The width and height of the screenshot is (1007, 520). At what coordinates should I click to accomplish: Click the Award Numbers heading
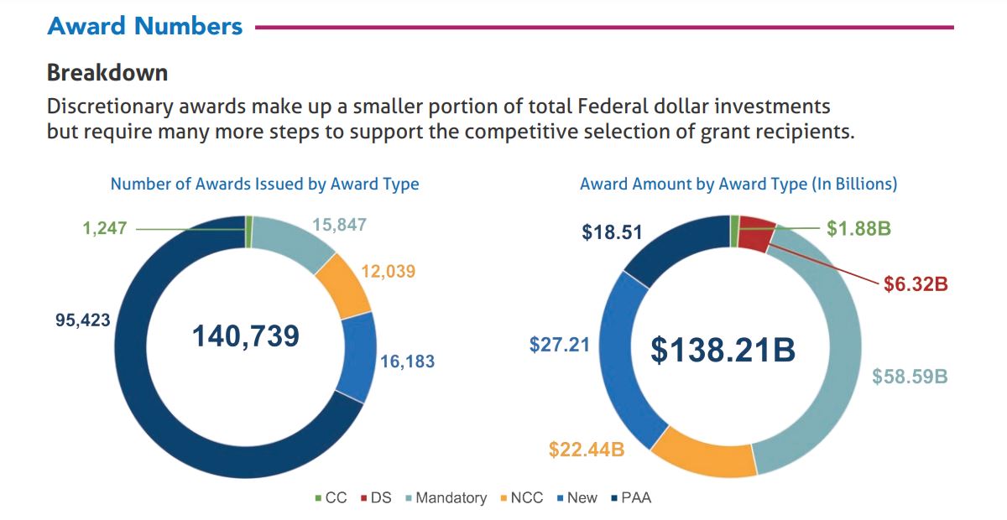[x=145, y=26]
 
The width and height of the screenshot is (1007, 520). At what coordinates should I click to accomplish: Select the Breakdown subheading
[x=107, y=73]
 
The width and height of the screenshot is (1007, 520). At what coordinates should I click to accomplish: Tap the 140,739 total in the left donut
[x=245, y=336]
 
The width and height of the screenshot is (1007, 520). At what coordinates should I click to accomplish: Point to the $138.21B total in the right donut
[x=723, y=351]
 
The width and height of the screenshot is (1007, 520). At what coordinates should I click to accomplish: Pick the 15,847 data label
[x=339, y=225]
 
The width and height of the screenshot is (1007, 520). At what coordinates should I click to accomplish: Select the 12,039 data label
[x=388, y=271]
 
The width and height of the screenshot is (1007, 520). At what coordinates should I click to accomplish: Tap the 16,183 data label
[x=407, y=362]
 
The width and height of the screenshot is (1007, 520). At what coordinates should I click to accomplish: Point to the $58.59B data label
[x=909, y=377]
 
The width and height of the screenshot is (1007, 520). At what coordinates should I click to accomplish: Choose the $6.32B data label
[x=916, y=284]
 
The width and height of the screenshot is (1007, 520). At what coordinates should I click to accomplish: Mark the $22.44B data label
[x=587, y=450]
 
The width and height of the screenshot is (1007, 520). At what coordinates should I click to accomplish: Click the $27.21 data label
[x=559, y=345]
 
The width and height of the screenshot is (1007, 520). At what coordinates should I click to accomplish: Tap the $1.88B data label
[x=858, y=229]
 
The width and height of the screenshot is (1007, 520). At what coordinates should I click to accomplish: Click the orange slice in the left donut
[x=346, y=284]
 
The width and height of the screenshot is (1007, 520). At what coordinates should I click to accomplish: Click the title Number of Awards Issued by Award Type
[x=264, y=184]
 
